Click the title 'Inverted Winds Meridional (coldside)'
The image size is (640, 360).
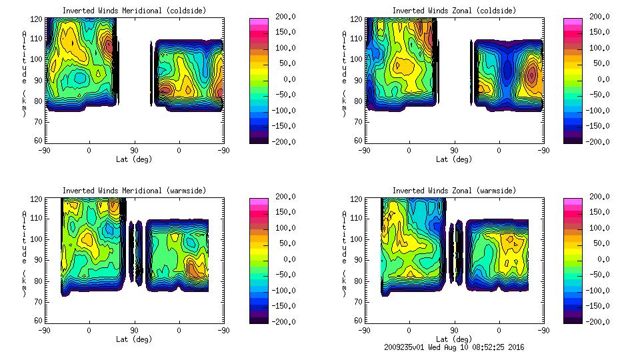point(135,11)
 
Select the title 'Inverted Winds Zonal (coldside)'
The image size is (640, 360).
point(454,11)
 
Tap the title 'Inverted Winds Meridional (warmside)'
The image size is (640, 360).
point(135,191)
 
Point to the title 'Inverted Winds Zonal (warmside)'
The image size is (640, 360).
point(454,191)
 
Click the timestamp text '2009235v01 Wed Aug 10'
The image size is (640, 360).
point(431,347)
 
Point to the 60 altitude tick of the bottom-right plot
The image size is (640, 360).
point(358,320)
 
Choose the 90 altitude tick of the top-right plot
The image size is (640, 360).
point(358,79)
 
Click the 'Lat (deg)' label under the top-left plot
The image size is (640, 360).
point(135,159)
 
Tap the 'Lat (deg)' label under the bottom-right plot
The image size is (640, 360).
point(454,339)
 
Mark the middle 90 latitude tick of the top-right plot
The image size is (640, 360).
point(454,151)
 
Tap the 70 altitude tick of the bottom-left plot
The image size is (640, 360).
point(38,300)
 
